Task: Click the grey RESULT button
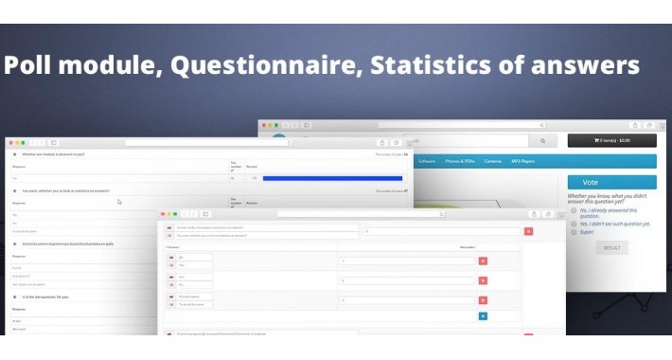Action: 611,247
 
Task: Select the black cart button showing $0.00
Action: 611,140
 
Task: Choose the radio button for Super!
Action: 574,230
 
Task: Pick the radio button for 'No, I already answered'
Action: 574,209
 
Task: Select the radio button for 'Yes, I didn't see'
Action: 574,224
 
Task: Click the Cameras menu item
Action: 493,161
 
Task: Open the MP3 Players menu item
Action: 523,161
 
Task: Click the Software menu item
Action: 427,161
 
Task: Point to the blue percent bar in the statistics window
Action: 332,177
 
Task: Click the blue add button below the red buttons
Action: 483,315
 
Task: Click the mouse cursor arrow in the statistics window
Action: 119,202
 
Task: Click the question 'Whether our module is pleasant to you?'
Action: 53,153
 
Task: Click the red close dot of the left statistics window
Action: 10,142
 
